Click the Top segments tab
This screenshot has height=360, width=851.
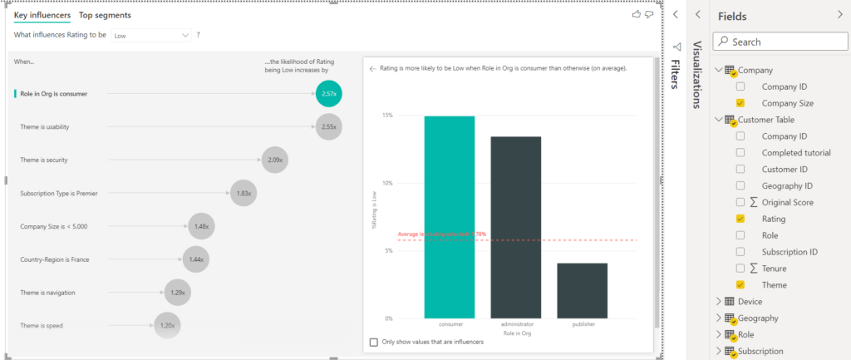click(x=105, y=15)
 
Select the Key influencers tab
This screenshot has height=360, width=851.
click(x=42, y=15)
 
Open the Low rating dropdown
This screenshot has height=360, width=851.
click(x=151, y=36)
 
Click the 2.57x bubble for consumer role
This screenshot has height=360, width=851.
click(x=328, y=94)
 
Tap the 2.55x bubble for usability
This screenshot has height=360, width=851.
click(x=328, y=126)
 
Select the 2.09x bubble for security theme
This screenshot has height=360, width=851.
click(x=274, y=160)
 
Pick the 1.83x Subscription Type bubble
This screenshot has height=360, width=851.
click(x=243, y=193)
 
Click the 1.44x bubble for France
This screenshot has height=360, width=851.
click(x=196, y=259)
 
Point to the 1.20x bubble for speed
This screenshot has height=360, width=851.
click(x=167, y=325)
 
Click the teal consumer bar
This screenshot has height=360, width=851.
click(x=450, y=216)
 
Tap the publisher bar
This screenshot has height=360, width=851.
click(x=582, y=290)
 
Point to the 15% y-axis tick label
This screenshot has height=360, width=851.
click(x=387, y=115)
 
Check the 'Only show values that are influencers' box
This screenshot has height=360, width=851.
click(x=373, y=342)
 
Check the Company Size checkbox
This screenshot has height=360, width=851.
click(x=740, y=103)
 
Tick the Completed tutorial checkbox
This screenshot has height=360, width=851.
click(x=740, y=153)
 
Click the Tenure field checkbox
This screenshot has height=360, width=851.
click(x=740, y=268)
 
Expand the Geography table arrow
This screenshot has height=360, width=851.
click(x=719, y=318)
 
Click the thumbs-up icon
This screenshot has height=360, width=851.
click(x=637, y=14)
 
